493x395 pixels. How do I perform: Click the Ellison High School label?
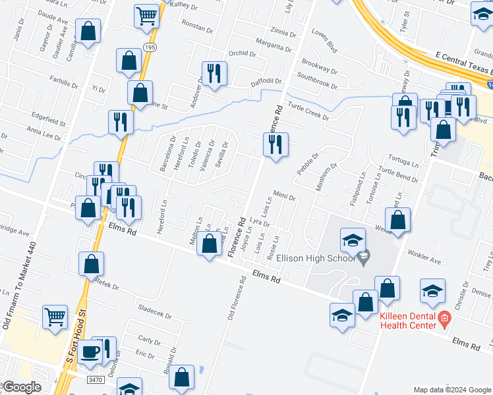[318, 258]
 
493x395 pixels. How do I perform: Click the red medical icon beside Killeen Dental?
[444, 320]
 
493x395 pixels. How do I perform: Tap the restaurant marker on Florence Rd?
[275, 145]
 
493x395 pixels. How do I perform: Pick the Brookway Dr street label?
[319, 66]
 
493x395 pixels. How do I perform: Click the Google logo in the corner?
[20, 387]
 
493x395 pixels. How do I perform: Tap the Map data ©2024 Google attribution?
[451, 390]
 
